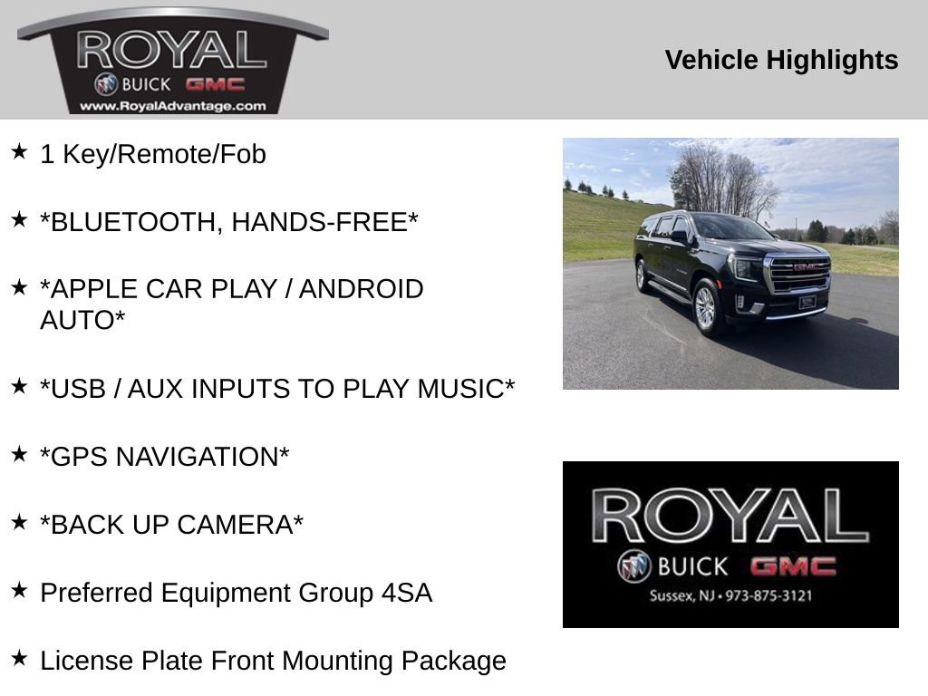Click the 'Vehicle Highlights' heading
[781, 60]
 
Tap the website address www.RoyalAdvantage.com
[172, 106]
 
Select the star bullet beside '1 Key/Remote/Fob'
[19, 152]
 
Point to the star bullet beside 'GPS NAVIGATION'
[19, 455]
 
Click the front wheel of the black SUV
[706, 307]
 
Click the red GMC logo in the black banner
[792, 567]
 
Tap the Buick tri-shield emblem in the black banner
[634, 566]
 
